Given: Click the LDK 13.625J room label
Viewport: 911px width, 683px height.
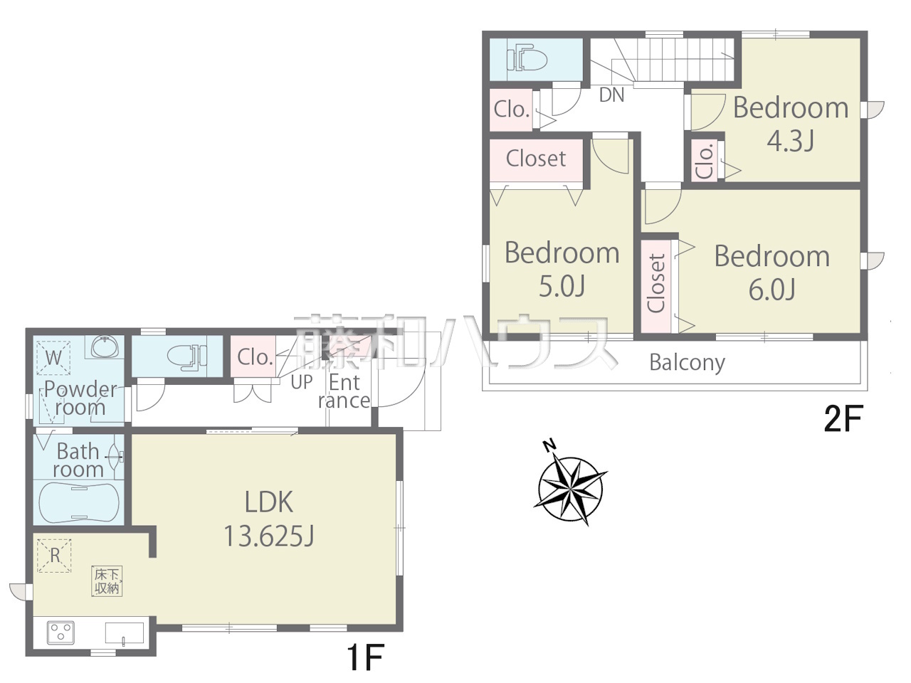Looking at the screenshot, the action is click(x=269, y=519).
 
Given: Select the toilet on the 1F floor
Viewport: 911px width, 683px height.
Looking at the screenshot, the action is click(x=187, y=356).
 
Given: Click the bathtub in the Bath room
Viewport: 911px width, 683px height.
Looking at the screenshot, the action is click(x=79, y=502).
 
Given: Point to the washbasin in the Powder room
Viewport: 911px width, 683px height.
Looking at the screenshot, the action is click(x=105, y=346).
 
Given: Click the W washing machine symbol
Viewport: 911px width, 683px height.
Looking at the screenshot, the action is click(x=53, y=358).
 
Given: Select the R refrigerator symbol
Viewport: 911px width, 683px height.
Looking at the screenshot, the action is click(x=54, y=556).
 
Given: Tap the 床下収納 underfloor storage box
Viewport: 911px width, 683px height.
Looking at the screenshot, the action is click(x=107, y=581).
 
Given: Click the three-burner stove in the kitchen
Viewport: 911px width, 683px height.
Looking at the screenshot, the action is click(x=60, y=632).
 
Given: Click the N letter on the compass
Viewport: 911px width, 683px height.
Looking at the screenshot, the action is click(x=549, y=446).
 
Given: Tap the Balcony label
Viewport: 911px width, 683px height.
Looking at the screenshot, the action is click(x=687, y=364).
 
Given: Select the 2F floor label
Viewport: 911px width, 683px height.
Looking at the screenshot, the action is click(x=843, y=419).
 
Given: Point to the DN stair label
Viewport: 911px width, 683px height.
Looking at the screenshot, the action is click(x=612, y=95).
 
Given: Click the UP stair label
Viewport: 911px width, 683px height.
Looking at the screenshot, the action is click(x=301, y=382).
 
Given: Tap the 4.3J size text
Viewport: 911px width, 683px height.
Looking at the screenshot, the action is click(x=790, y=141).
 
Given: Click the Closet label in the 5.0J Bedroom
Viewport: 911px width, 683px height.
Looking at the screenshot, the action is click(x=536, y=159).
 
